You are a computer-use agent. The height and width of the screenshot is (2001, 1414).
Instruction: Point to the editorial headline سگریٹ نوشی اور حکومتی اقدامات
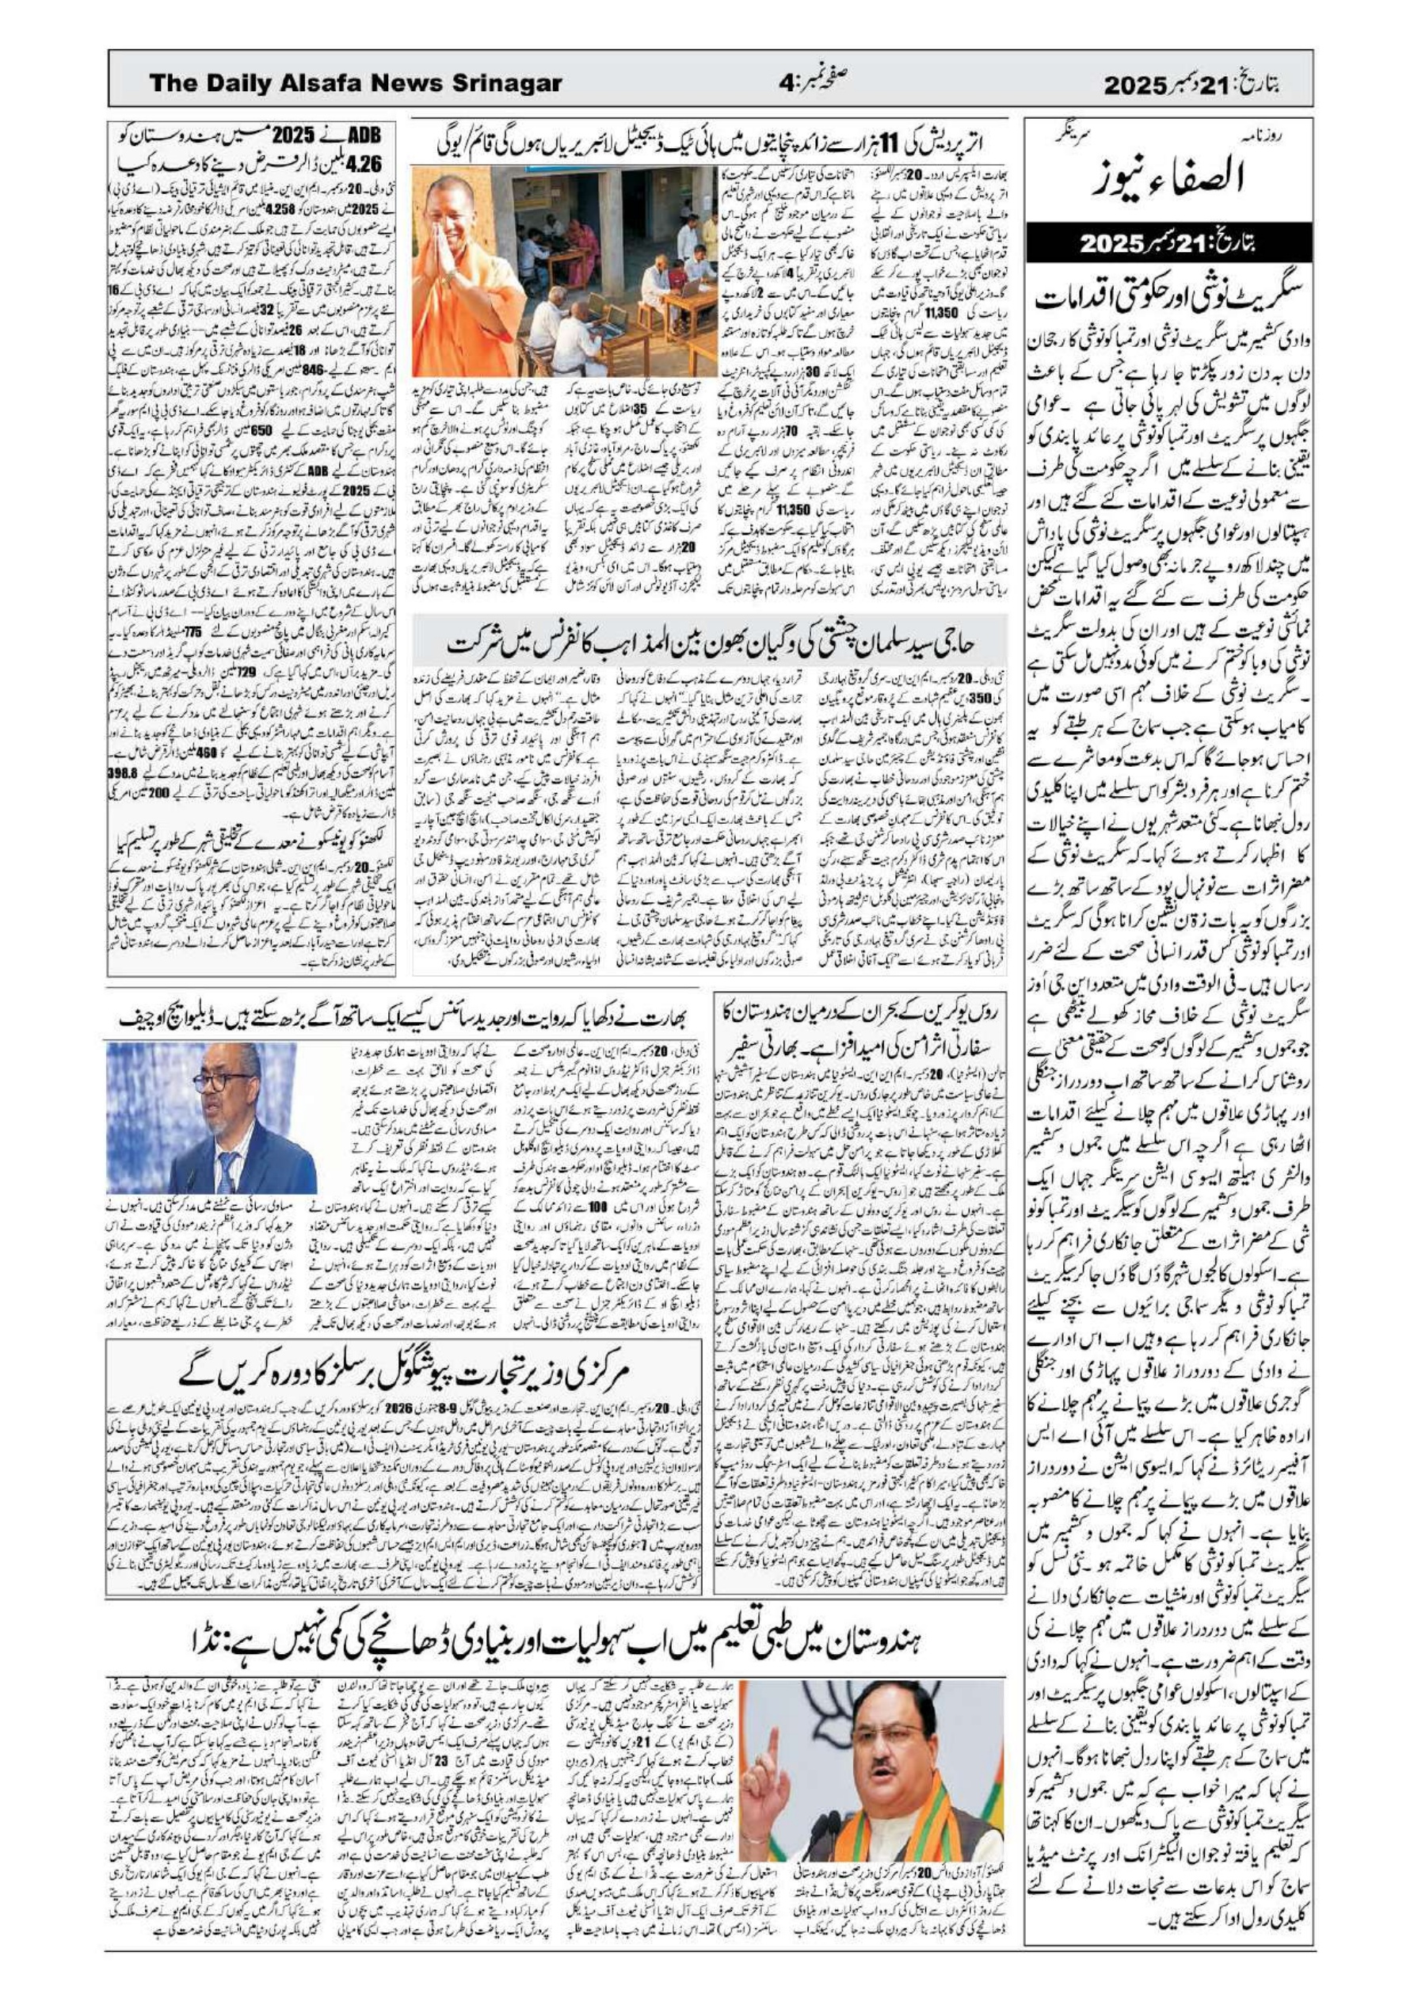point(1168,296)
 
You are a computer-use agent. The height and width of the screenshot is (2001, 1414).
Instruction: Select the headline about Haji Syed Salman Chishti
point(711,646)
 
